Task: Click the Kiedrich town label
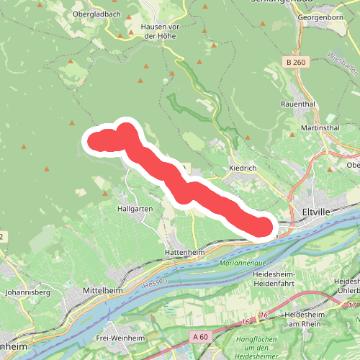tap(243, 168)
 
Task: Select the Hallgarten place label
tap(135, 208)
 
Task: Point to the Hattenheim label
tap(185, 253)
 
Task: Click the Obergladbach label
tap(96, 14)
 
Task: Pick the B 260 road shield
tap(295, 63)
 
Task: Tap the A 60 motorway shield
tap(201, 336)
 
